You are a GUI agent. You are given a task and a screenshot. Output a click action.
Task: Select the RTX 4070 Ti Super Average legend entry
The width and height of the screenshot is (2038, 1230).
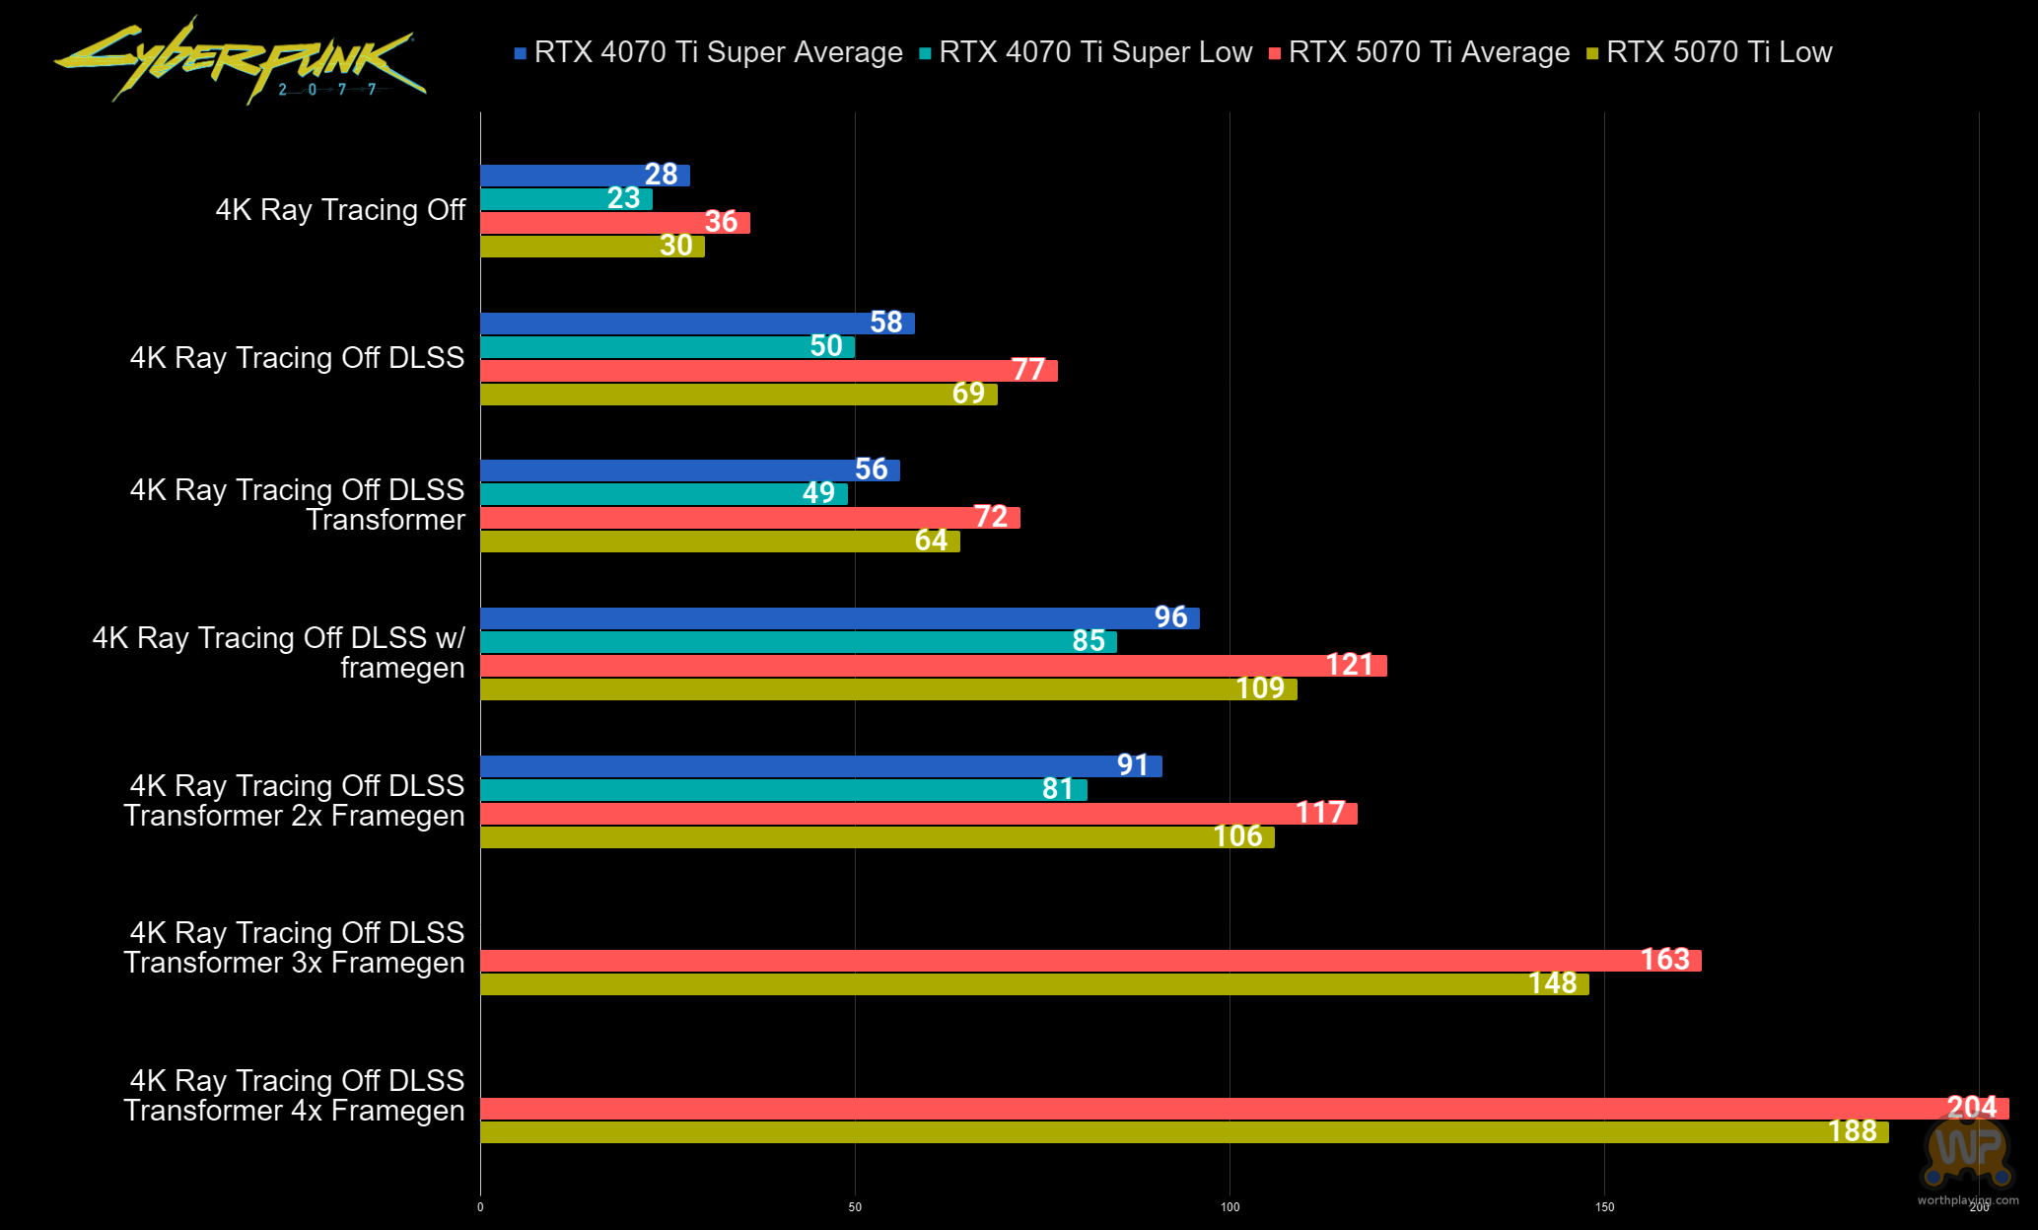[708, 52]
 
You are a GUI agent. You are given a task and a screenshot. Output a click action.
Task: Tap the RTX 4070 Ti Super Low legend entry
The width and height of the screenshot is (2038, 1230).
[1086, 52]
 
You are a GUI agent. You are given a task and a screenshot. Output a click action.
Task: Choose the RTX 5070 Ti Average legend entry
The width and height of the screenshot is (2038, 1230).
[1420, 52]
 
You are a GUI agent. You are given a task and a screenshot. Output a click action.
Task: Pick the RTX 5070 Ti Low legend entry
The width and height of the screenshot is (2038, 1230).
[1710, 52]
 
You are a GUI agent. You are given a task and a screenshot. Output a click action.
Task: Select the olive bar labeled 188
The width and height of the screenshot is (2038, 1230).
[1183, 1132]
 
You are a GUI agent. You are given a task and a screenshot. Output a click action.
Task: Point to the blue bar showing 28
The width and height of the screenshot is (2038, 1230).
[584, 176]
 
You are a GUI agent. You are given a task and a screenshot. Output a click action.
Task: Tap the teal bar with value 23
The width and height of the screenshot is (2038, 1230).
[566, 199]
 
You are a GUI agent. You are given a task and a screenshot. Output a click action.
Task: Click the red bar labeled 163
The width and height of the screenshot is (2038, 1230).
[1089, 961]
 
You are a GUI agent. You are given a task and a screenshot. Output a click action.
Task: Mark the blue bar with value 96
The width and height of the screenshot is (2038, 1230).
[838, 618]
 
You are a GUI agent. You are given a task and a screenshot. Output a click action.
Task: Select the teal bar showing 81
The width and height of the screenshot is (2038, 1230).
[783, 790]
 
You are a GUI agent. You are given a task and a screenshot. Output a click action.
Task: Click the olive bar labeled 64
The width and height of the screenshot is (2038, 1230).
[720, 542]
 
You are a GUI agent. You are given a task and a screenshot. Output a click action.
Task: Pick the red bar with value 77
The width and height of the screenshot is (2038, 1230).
[768, 371]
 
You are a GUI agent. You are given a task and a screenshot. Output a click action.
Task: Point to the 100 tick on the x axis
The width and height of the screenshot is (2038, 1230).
[1230, 1207]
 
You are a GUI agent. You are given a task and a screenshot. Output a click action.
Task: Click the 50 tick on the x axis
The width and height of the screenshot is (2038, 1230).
[855, 1207]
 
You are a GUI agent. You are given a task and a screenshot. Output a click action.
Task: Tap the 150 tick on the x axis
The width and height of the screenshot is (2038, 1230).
[1604, 1207]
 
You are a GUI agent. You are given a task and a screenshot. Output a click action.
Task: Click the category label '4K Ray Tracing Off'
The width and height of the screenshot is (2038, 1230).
[340, 210]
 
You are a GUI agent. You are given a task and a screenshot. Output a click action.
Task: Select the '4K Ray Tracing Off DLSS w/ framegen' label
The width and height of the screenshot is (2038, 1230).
[279, 653]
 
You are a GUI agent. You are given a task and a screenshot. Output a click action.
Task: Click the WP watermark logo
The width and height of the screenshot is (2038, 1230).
[1967, 1149]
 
